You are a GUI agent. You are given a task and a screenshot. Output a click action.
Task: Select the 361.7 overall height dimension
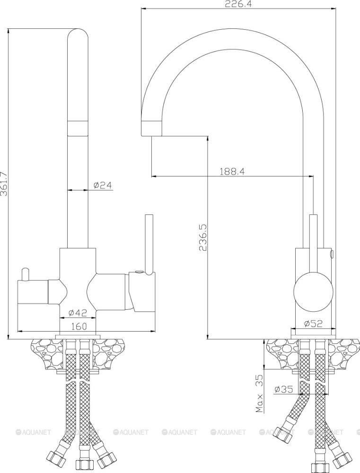coord(4,184)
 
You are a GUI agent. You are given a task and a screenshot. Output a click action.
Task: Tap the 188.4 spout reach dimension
coord(232,171)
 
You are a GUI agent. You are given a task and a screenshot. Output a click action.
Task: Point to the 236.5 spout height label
coord(202,237)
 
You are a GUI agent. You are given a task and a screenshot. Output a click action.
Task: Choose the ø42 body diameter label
coord(78,313)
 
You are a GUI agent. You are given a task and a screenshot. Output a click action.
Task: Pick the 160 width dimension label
coord(79,326)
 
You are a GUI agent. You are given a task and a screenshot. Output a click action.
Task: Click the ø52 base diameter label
coord(314,324)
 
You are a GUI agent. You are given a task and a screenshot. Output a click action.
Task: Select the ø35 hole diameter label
coord(284,389)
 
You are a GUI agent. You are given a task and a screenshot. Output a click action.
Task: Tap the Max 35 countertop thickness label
coord(259,393)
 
